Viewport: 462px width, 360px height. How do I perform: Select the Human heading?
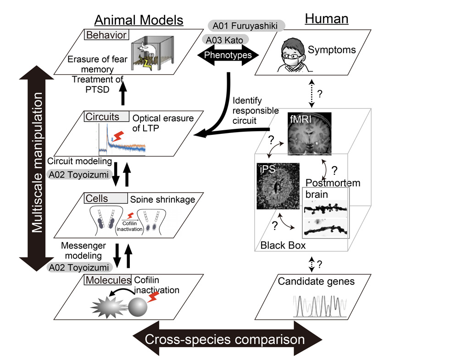click(x=327, y=19)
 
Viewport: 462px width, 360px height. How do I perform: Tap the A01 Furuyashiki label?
click(x=246, y=25)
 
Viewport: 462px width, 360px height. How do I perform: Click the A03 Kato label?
click(x=224, y=39)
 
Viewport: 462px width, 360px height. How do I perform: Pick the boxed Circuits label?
click(x=105, y=116)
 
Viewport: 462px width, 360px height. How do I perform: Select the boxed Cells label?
click(x=106, y=198)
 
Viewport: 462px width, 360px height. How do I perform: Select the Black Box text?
click(x=283, y=245)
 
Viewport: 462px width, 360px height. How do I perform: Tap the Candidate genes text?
click(x=316, y=281)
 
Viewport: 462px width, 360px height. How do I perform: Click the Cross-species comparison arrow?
click(x=225, y=339)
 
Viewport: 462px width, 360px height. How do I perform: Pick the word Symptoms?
click(x=332, y=50)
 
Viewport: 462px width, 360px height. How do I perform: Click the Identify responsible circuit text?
click(x=255, y=111)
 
